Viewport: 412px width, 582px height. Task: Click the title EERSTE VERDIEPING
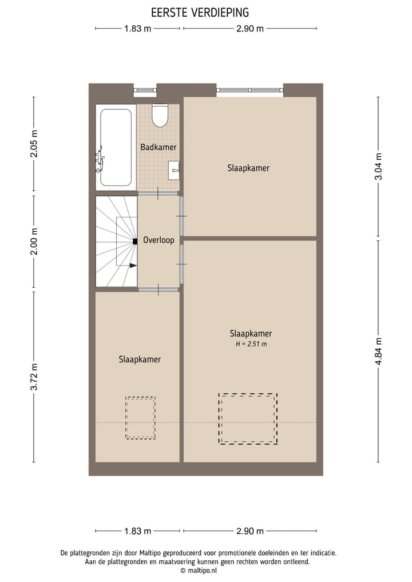pyautogui.click(x=200, y=12)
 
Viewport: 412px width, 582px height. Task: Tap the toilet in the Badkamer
pyautogui.click(x=160, y=116)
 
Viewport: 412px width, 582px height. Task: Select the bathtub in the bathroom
pyautogui.click(x=116, y=147)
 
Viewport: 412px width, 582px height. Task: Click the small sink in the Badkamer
pyautogui.click(x=175, y=169)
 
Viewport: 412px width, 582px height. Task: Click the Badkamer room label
pyautogui.click(x=159, y=147)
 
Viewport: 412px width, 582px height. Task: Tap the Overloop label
pyautogui.click(x=159, y=240)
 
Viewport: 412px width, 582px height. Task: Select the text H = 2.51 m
pyautogui.click(x=251, y=344)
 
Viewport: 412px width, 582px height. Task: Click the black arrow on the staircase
pyautogui.click(x=133, y=266)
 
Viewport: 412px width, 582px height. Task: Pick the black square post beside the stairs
pyautogui.click(x=135, y=241)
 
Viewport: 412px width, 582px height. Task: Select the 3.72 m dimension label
pyautogui.click(x=34, y=377)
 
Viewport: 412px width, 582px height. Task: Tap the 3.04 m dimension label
pyautogui.click(x=378, y=167)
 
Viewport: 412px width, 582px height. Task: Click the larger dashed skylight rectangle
pyautogui.click(x=248, y=419)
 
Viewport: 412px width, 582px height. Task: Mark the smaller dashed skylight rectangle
pyautogui.click(x=140, y=418)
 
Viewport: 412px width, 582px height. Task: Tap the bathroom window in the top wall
pyautogui.click(x=145, y=90)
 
